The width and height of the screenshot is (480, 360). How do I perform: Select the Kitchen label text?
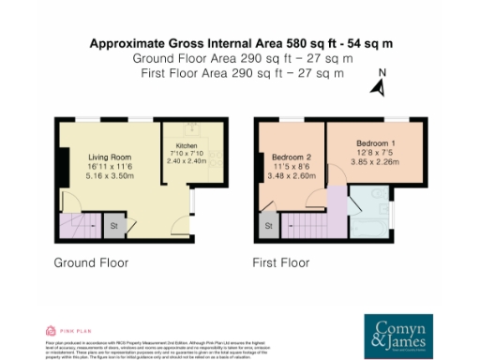point(187,147)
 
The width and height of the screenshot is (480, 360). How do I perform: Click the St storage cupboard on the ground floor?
point(115,226)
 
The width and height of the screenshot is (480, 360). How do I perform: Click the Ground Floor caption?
point(91,262)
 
